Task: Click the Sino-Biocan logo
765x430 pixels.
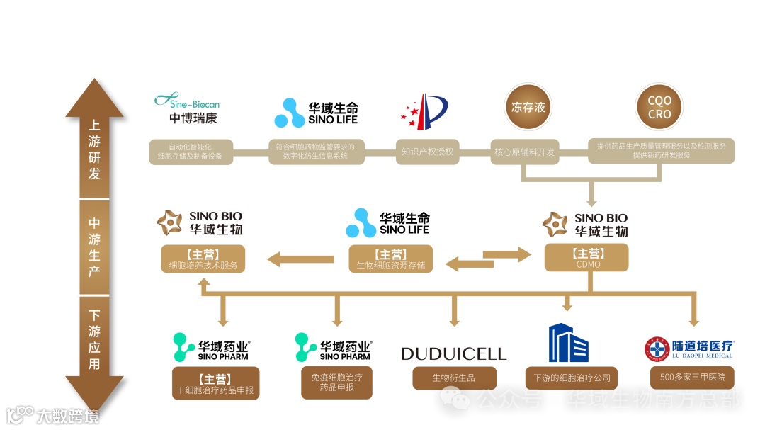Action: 188,108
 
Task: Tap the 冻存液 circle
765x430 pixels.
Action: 528,108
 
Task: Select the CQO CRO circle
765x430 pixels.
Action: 659,108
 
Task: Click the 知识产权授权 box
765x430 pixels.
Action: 427,151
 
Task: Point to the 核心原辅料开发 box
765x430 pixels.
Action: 524,151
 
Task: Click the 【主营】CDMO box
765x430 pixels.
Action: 586,258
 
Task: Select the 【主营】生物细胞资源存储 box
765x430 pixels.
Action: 391,259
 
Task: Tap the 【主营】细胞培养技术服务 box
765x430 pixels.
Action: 203,259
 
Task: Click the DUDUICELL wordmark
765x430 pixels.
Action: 454,353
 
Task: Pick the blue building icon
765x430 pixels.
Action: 569,343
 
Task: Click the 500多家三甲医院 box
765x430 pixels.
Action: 693,377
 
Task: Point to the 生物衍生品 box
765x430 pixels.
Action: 453,378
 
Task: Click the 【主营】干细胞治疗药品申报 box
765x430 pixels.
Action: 216,383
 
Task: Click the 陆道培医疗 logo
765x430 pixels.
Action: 689,349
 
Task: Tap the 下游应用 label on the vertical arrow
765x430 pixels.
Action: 94,340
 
